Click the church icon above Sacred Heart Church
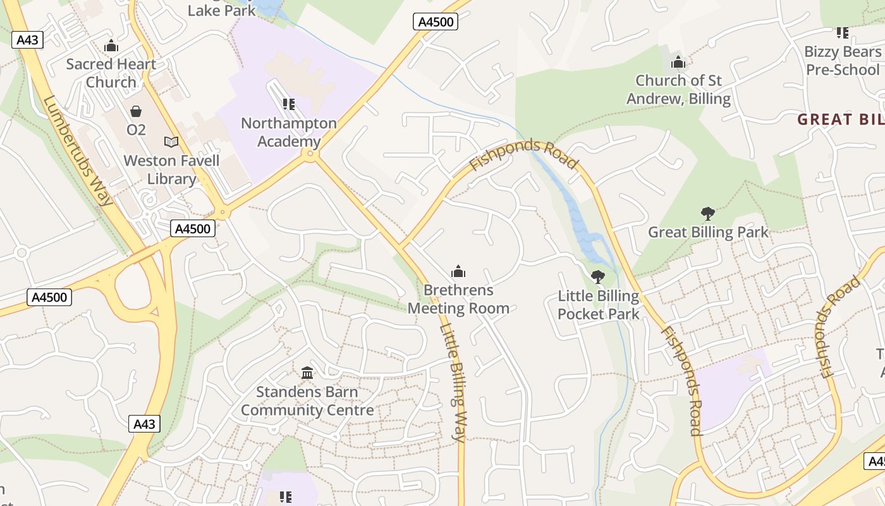pyautogui.click(x=111, y=46)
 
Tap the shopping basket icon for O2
pyautogui.click(x=136, y=112)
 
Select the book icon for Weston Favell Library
pyautogui.click(x=171, y=142)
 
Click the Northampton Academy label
pyautogui.click(x=289, y=132)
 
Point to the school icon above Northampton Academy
pyautogui.click(x=289, y=104)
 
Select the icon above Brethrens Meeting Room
pyautogui.click(x=458, y=272)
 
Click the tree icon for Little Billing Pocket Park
pyautogui.click(x=597, y=277)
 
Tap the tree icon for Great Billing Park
pyautogui.click(x=708, y=214)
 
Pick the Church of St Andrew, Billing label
pyautogui.click(x=678, y=90)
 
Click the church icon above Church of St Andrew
pyautogui.click(x=678, y=62)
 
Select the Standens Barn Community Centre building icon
pyautogui.click(x=307, y=373)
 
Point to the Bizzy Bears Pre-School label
pyautogui.click(x=843, y=61)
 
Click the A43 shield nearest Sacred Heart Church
pyautogui.click(x=27, y=40)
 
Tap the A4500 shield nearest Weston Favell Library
pyautogui.click(x=193, y=228)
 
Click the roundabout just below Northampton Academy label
pyautogui.click(x=310, y=155)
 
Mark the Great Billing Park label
pyautogui.click(x=708, y=232)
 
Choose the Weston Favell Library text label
pyautogui.click(x=171, y=170)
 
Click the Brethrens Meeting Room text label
pyautogui.click(x=458, y=299)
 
